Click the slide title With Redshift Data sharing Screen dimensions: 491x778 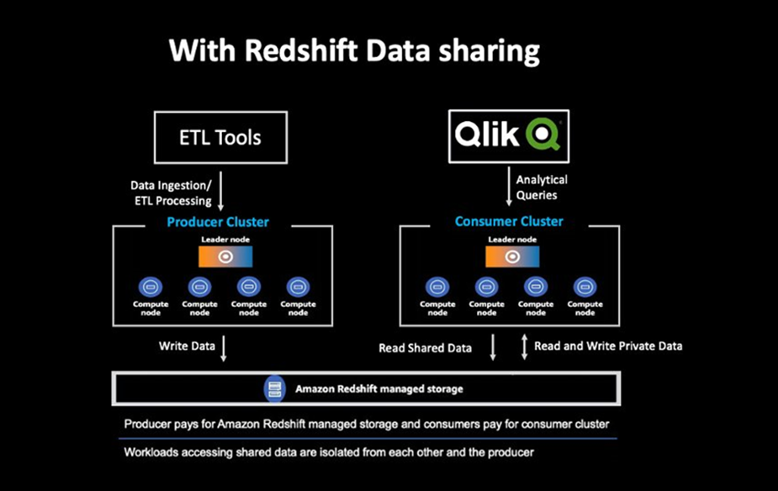(x=354, y=51)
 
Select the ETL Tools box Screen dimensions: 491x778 (x=220, y=137)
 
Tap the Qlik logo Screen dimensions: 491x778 (x=508, y=135)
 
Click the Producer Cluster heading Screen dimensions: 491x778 (x=218, y=222)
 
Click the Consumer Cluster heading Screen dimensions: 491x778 (x=509, y=222)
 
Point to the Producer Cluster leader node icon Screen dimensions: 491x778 (x=225, y=256)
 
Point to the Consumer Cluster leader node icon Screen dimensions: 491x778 (x=512, y=256)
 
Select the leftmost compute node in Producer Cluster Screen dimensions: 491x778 (x=151, y=286)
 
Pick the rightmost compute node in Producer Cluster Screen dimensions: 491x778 (x=298, y=286)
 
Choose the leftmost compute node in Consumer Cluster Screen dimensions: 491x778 (x=437, y=286)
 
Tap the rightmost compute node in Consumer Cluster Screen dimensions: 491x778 (x=585, y=286)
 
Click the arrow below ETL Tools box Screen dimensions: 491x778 (x=220, y=193)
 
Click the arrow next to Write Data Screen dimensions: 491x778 (x=224, y=348)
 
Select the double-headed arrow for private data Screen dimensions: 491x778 (x=524, y=346)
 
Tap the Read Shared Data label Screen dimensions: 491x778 (x=425, y=347)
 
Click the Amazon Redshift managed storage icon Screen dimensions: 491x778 (x=273, y=388)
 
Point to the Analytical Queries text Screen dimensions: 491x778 (x=542, y=187)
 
